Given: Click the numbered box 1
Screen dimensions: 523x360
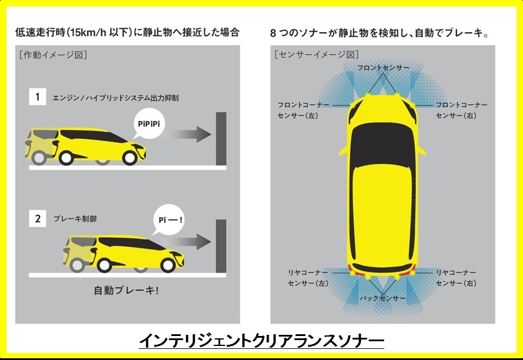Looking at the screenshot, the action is [x=37, y=97].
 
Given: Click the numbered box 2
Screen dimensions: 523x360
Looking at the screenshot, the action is [x=37, y=218].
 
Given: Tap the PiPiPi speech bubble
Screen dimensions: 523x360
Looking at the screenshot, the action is [x=149, y=124].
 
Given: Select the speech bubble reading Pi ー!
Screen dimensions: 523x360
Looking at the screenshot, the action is [x=169, y=220].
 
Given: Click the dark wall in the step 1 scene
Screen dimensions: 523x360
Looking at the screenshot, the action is [x=221, y=139].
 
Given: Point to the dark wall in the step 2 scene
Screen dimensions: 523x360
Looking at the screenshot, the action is [x=221, y=246].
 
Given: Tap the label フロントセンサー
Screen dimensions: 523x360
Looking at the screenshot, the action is [x=383, y=68].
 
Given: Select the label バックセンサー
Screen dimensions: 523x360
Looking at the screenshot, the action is [x=383, y=298].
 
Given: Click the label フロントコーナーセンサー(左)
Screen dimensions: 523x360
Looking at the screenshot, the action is [x=303, y=110].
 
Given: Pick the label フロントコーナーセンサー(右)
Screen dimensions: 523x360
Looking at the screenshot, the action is [x=462, y=110].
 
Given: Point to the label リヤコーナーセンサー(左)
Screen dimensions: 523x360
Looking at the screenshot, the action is [x=308, y=278].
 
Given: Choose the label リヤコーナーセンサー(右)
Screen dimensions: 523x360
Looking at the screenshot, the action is [x=456, y=278].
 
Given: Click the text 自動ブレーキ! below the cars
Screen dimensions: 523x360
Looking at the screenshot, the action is [x=126, y=290].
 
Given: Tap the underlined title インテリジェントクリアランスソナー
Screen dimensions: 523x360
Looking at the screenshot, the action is [x=261, y=341].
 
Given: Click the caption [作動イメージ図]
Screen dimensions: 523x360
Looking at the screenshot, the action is [x=53, y=54].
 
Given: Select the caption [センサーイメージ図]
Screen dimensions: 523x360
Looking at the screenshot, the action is [x=316, y=54].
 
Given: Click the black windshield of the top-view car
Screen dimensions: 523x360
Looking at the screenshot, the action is [x=383, y=144].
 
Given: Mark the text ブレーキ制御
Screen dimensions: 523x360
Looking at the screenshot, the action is [x=75, y=218].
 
